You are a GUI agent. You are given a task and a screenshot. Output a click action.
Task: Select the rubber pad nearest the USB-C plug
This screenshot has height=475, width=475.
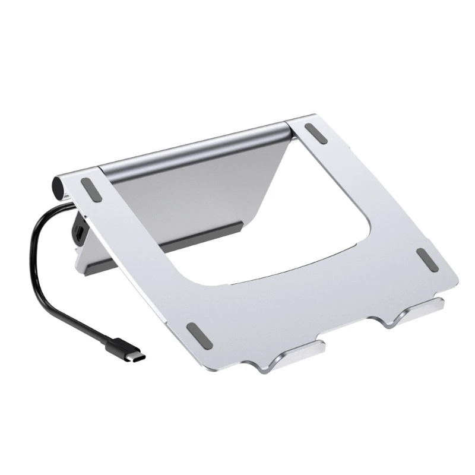(198, 335)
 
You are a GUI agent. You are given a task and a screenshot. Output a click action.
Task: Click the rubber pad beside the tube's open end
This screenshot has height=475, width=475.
(91, 190)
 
